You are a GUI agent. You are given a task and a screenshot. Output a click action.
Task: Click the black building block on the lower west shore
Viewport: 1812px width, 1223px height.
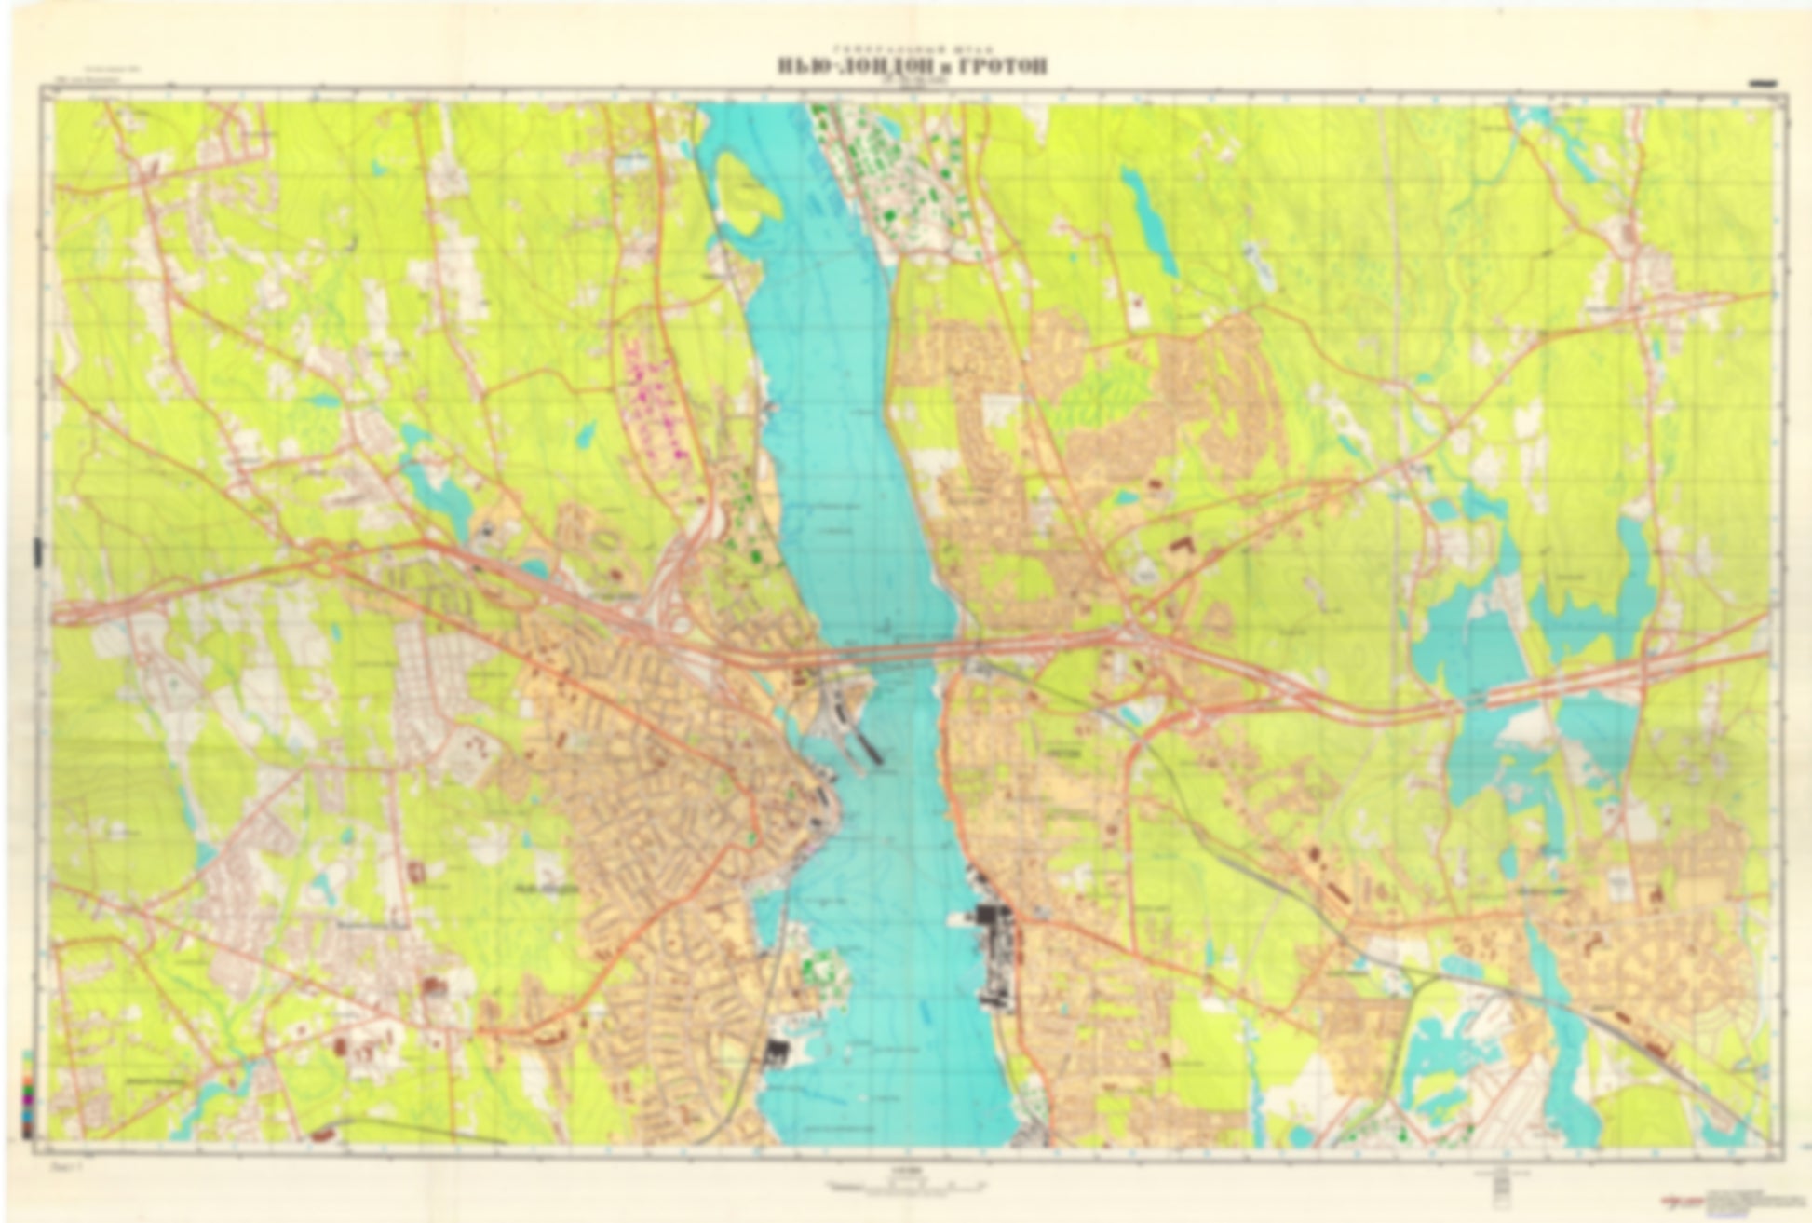coord(776,1053)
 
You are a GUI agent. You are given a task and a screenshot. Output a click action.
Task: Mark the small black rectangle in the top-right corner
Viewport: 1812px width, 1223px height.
coord(1763,83)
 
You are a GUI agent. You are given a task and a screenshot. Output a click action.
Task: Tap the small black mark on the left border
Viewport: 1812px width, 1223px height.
coord(37,550)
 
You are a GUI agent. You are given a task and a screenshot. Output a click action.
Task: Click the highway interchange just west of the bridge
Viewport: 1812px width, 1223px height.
coord(675,596)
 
